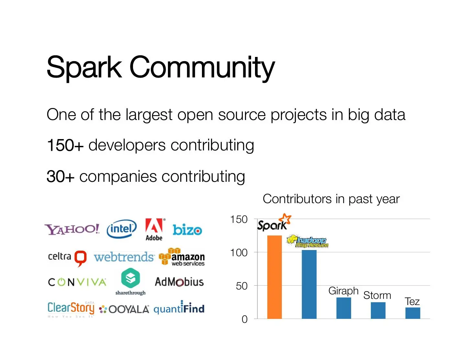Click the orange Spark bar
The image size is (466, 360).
coord(274,277)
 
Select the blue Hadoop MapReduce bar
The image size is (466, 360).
coord(309,284)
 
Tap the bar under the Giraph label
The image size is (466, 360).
coord(344,308)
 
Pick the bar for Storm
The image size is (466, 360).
coord(378,310)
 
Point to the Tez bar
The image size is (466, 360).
coord(413,313)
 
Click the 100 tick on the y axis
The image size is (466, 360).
coord(239,253)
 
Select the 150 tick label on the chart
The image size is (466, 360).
coord(239,219)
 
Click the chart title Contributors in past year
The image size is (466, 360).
coord(331,199)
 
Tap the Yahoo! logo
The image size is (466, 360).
coord(72,229)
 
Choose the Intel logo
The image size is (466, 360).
coord(121,229)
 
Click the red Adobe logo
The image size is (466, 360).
coord(154,226)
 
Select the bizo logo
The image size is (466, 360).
coord(187,230)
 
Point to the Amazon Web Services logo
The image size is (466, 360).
coord(182,257)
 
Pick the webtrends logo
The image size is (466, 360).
coord(124,257)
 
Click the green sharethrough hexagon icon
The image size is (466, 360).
coord(130,278)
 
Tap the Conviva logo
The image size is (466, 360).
coord(77,282)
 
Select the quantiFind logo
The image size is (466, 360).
coord(179,308)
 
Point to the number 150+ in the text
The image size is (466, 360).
coord(65,145)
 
